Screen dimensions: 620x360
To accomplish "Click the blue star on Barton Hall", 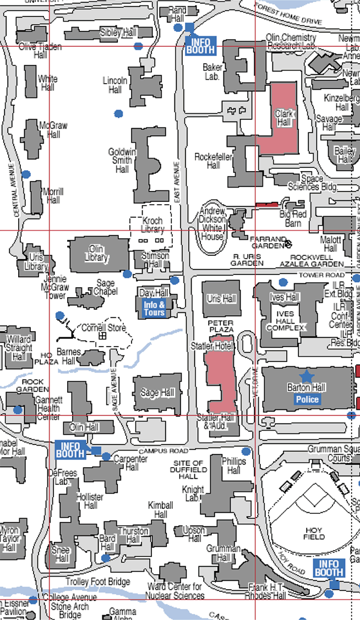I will pos(307,376).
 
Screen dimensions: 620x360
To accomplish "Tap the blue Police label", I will pos(307,399).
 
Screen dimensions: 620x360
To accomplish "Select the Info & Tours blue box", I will pos(154,309).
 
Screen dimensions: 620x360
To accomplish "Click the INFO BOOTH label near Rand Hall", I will pos(201,45).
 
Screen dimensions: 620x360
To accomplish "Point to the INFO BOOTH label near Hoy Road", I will pos(329,568).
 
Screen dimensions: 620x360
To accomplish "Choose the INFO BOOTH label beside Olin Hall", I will pos(71,449).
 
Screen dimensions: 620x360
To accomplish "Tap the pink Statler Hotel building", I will pos(221,380).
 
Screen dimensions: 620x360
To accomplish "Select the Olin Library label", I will pos(96,254).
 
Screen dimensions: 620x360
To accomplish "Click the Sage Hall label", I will pos(157,393).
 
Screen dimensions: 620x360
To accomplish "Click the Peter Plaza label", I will pos(221,325).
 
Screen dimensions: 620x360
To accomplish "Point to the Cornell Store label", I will pos(103,328).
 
